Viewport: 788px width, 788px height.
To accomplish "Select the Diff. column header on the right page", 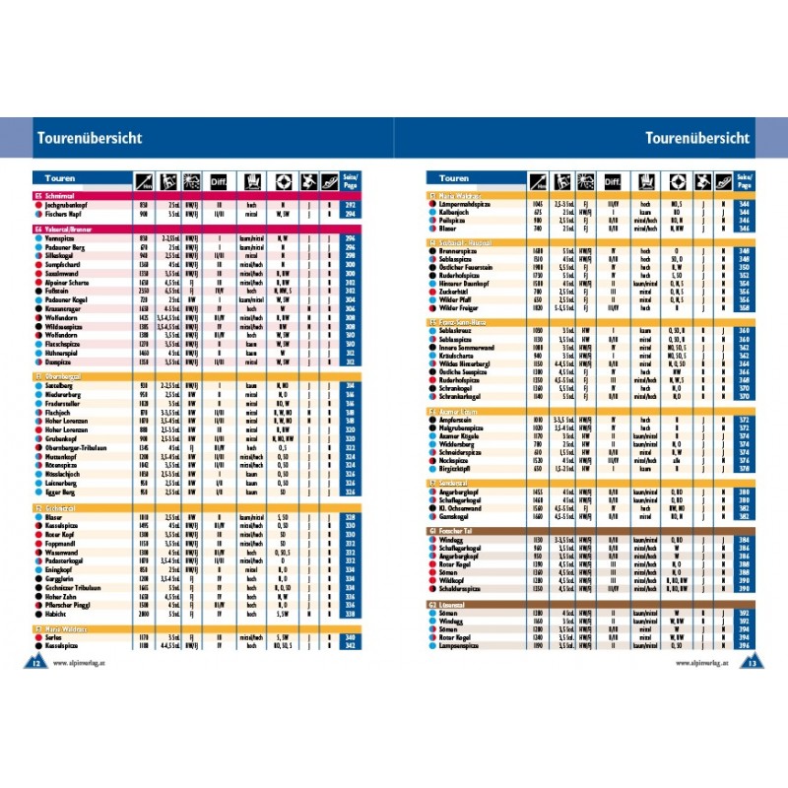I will pos(613,180).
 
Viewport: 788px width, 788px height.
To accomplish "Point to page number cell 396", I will pos(744,646).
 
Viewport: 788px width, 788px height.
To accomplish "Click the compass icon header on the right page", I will pos(677,180).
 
